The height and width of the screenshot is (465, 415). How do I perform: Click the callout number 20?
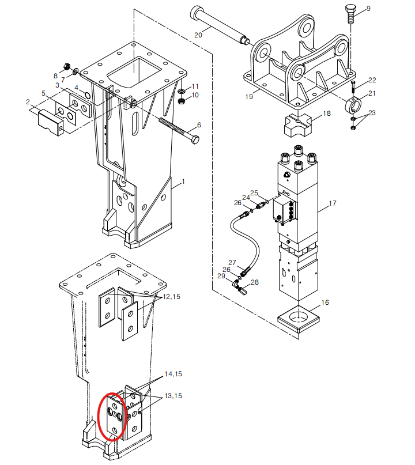[x=198, y=35]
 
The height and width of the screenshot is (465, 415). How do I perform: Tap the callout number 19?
[x=248, y=97]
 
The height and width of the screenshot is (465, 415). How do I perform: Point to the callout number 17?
[x=333, y=203]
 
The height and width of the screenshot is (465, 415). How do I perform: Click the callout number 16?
[x=325, y=303]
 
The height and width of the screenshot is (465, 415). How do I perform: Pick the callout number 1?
[x=183, y=182]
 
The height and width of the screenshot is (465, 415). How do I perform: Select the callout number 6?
[x=199, y=124]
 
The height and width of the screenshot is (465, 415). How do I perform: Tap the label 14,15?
[x=173, y=374]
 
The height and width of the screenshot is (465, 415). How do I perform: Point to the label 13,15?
[x=173, y=395]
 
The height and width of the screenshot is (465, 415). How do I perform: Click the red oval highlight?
[x=112, y=415]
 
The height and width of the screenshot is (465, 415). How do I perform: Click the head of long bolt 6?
[x=195, y=139]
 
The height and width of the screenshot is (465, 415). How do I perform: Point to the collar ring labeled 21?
[x=353, y=105]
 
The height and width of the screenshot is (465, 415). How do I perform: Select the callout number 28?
[x=255, y=282]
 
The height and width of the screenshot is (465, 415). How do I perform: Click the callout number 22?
[x=372, y=80]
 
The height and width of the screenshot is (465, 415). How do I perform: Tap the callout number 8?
[x=56, y=76]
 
